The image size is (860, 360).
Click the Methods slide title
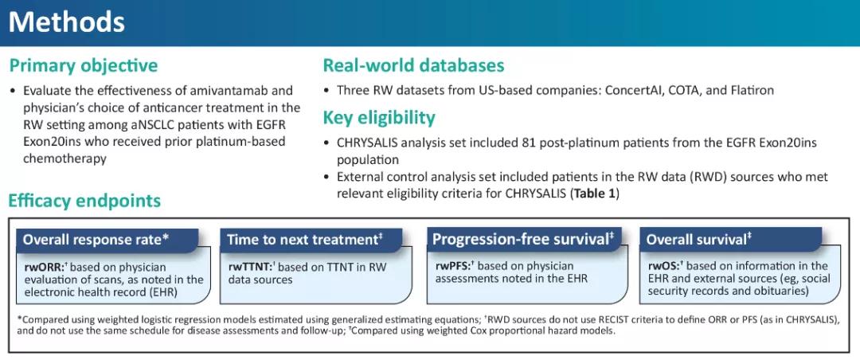pos(66,22)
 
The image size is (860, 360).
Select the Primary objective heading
pos(84,66)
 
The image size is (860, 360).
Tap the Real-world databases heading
pos(413,66)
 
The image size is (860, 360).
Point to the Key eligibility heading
pos(379,118)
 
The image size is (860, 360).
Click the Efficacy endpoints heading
pos(85,201)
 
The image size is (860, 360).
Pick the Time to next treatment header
pos(304,241)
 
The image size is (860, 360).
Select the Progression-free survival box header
pos(522,240)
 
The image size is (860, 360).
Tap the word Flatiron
pos(753,90)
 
